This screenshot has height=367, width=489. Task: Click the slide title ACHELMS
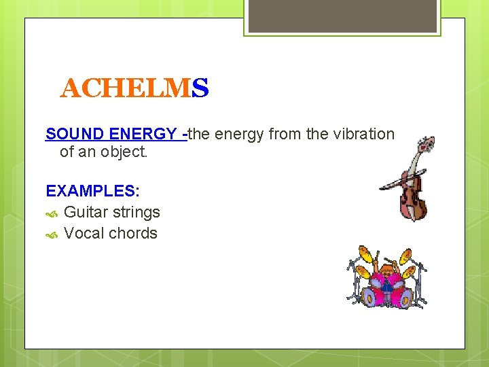pyautogui.click(x=134, y=88)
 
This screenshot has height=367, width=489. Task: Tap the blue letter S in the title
pyautogui.click(x=200, y=88)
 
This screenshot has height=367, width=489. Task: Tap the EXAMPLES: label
pyautogui.click(x=92, y=191)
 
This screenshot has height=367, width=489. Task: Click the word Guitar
pyautogui.click(x=86, y=212)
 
